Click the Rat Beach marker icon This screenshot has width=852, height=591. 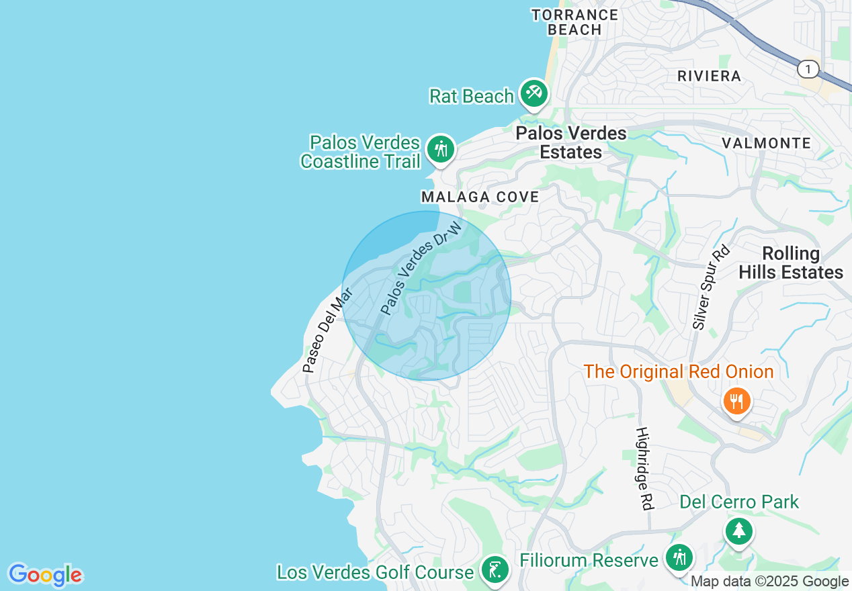click(534, 93)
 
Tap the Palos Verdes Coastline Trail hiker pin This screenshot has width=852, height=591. click(441, 148)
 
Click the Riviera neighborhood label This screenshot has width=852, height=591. click(709, 76)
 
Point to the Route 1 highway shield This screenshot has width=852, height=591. click(808, 69)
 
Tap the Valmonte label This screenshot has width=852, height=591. click(766, 143)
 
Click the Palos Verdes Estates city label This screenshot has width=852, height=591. click(571, 142)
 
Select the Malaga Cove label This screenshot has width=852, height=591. click(480, 197)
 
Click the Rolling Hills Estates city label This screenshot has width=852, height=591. click(791, 263)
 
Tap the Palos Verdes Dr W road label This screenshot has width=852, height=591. click(421, 268)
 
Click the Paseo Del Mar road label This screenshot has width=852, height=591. click(327, 330)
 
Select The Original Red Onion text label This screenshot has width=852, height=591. click(678, 371)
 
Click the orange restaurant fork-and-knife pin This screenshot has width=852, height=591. click(737, 402)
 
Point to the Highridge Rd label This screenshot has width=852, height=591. click(644, 468)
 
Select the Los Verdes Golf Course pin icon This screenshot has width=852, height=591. click(495, 571)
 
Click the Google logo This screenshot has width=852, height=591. click(45, 575)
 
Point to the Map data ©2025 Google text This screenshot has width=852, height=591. click(769, 582)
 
